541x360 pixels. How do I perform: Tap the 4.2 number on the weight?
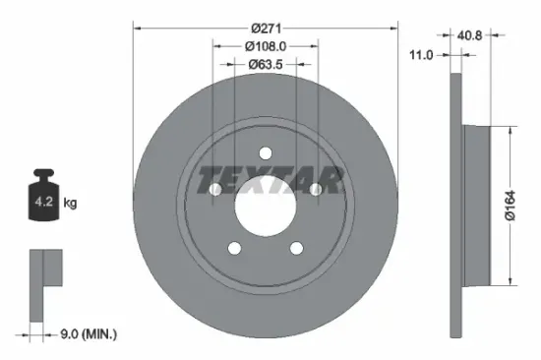44,204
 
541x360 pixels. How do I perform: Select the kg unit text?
70,204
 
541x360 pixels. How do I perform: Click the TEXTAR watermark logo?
270,181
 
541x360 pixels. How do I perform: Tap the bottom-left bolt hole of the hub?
234,247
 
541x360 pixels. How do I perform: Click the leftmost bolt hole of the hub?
215,189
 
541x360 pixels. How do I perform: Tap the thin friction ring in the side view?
454,207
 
